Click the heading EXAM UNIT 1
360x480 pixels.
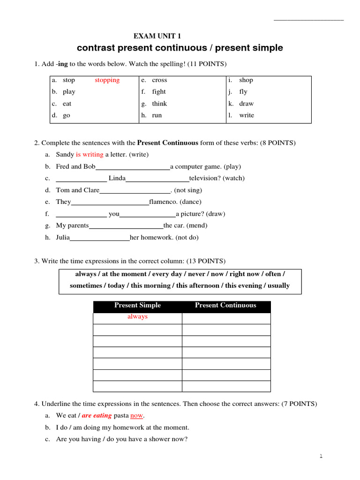click(x=157, y=36)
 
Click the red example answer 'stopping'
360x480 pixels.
click(x=107, y=80)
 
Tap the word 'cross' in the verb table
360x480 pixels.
click(x=159, y=80)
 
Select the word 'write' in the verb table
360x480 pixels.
click(x=247, y=115)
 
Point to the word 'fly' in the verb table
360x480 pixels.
click(x=243, y=92)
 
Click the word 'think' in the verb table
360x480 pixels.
click(x=159, y=104)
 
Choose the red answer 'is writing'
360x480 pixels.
click(x=90, y=154)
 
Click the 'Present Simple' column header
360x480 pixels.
click(x=137, y=306)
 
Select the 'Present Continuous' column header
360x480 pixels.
click(x=225, y=306)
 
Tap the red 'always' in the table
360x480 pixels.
click(x=137, y=317)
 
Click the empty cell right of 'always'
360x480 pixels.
click(x=226, y=318)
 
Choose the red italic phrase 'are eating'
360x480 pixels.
click(x=97, y=415)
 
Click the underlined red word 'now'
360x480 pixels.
click(x=136, y=415)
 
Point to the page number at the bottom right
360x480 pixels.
click(x=321, y=456)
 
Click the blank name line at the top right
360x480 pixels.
click(x=308, y=19)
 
